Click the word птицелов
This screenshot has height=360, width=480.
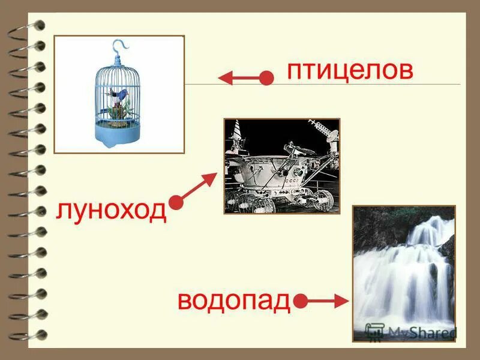(350, 71)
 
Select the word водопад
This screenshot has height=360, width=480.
(234, 301)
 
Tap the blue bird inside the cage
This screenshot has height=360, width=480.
(121, 94)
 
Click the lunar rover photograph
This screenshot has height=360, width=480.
(281, 166)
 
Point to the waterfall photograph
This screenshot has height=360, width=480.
(404, 273)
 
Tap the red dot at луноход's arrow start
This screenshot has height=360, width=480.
(176, 203)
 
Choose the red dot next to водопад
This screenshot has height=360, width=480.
(301, 301)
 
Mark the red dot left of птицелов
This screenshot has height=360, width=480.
(267, 78)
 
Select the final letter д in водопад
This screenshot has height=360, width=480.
(281, 302)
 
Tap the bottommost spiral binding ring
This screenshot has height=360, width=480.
(31, 334)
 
